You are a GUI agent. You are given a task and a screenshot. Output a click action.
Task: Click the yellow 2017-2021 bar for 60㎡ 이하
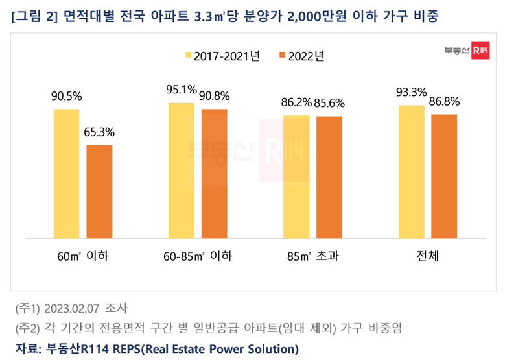point(66,173)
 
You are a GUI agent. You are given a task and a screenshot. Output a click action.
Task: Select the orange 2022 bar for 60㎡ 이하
point(99,191)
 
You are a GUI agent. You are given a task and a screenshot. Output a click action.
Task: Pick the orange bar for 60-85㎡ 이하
point(214,173)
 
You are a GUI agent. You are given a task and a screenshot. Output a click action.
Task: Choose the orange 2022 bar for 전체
point(444,176)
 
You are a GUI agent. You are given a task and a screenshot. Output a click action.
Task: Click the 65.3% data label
point(99,132)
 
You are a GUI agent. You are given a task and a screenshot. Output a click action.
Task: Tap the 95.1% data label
point(181,90)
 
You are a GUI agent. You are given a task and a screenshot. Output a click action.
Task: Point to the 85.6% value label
point(329,102)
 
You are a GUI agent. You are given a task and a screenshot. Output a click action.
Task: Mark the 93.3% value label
point(411,91)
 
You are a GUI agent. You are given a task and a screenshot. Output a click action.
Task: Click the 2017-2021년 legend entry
point(222,56)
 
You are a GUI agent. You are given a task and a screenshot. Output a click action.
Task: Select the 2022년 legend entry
point(299,56)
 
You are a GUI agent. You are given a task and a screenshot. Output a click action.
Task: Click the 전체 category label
point(427,256)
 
